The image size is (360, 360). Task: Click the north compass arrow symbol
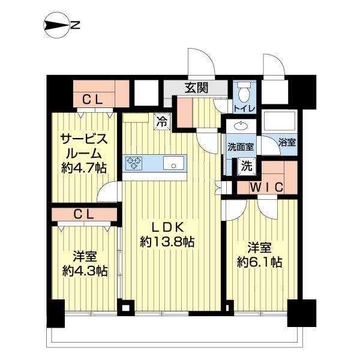(58, 25)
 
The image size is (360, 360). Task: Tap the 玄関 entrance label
(196, 88)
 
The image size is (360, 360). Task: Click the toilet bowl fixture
(244, 93)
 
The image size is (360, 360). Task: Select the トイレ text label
(244, 109)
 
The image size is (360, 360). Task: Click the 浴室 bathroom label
(286, 143)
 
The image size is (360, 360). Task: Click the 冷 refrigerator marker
(162, 121)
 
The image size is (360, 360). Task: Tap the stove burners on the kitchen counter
(134, 163)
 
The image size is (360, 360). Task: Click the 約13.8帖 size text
(167, 242)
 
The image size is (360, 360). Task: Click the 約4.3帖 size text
(85, 271)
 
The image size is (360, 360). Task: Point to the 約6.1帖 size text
(260, 262)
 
